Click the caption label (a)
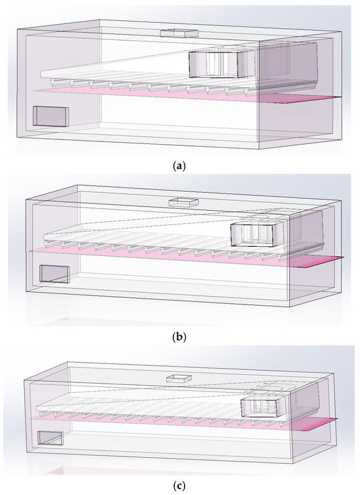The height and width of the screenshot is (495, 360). (x=179, y=166)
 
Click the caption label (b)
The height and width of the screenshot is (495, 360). (x=179, y=337)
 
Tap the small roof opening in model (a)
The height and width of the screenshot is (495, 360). (x=179, y=33)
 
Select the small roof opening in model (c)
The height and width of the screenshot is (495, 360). (x=179, y=378)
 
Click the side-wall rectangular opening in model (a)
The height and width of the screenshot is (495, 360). (x=51, y=116)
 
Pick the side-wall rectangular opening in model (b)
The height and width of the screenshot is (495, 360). (x=54, y=274)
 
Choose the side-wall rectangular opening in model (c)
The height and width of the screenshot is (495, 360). (x=50, y=438)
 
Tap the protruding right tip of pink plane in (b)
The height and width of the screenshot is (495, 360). (x=342, y=258)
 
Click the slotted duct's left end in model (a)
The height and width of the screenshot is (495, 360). (x=42, y=75)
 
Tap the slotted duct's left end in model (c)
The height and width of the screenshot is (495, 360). (x=37, y=409)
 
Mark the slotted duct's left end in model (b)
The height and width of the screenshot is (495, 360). (x=44, y=236)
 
